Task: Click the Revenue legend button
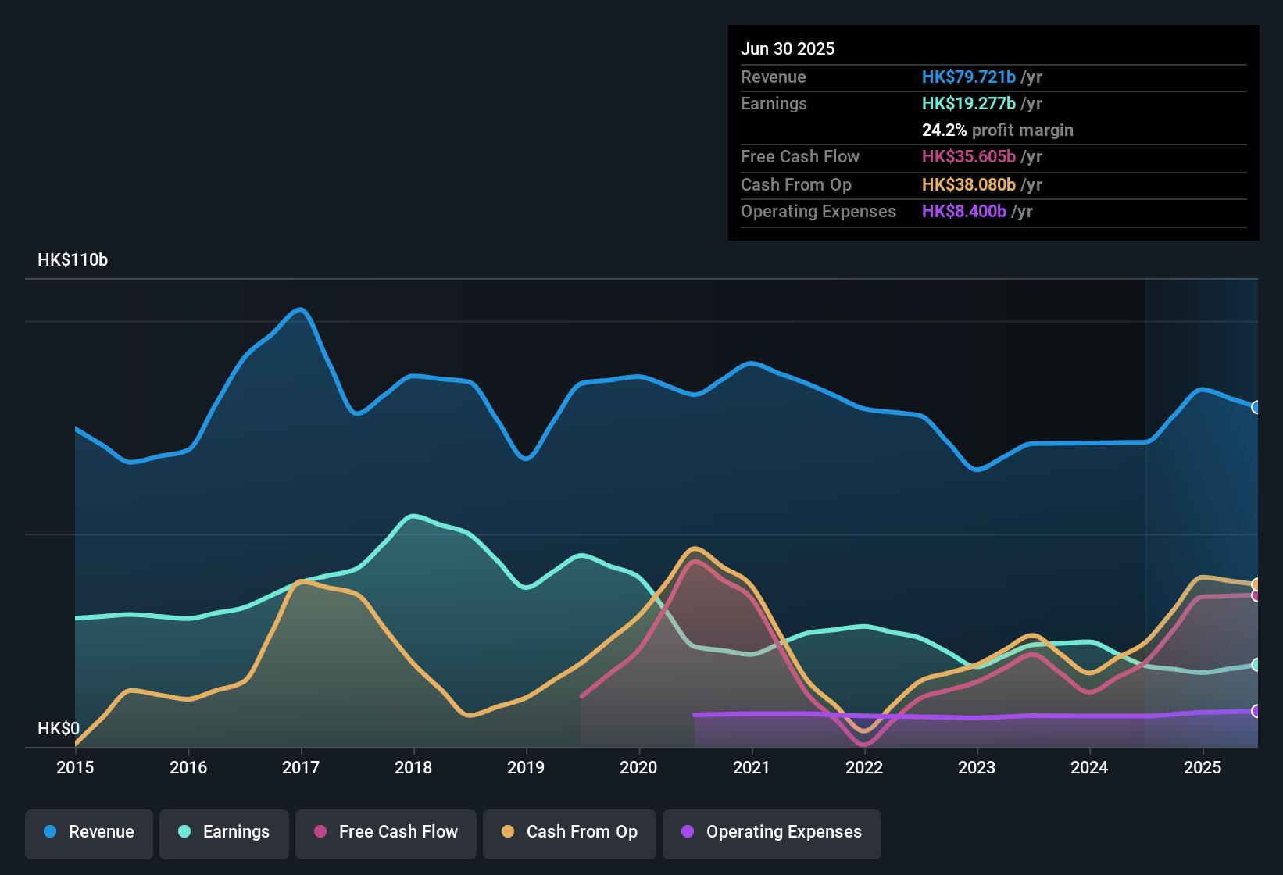[x=89, y=832]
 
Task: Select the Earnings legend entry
[x=224, y=832]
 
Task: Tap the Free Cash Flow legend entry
[x=386, y=832]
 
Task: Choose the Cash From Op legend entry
[x=570, y=832]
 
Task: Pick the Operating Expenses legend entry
[x=772, y=832]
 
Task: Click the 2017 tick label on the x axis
[x=301, y=768]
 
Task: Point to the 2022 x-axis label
[x=864, y=768]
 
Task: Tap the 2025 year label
[x=1203, y=768]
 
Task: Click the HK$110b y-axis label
[x=73, y=260]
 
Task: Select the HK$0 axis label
[x=59, y=729]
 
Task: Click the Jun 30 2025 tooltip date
[x=788, y=49]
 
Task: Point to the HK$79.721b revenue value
[x=969, y=77]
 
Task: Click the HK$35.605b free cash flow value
[x=969, y=157]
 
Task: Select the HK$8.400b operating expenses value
[x=964, y=212]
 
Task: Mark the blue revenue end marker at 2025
[x=1256, y=407]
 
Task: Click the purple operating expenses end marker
[x=1256, y=711]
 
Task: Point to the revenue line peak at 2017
[x=300, y=309]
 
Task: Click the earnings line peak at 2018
[x=413, y=516]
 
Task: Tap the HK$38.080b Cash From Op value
[x=969, y=185]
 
